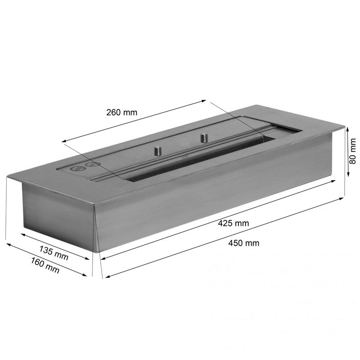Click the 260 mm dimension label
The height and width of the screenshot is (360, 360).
[121, 112]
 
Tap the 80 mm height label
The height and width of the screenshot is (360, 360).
[352, 151]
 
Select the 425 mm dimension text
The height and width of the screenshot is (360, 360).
[234, 223]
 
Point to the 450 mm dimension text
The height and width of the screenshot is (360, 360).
[244, 243]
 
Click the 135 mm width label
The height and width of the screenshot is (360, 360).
[54, 253]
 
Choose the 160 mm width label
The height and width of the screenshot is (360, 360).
[45, 265]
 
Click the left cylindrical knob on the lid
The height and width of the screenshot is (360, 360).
[158, 151]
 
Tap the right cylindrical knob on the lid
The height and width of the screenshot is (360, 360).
[203, 138]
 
